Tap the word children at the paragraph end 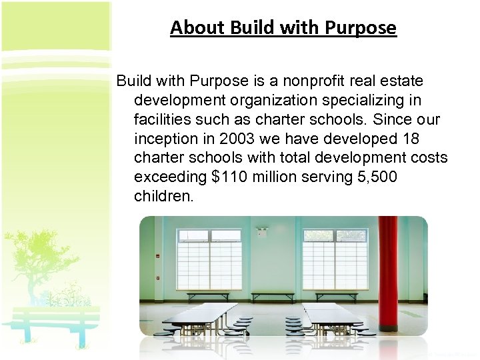pyautogui.click(x=163, y=197)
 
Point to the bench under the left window pyautogui.click(x=208, y=295)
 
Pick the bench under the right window pyautogui.click(x=336, y=295)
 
